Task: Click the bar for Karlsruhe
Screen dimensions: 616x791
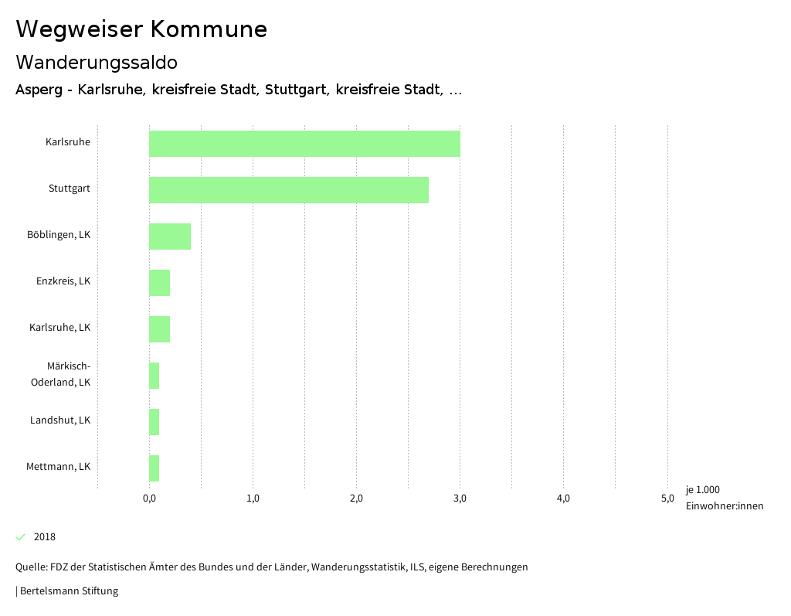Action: coord(304,144)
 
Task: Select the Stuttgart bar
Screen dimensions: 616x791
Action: coord(289,190)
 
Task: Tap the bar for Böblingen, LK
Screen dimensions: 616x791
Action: coord(170,237)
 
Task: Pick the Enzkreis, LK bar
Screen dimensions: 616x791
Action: coord(159,283)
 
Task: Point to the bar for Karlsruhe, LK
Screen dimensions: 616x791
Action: coord(159,329)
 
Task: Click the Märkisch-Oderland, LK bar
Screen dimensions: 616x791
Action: coord(154,376)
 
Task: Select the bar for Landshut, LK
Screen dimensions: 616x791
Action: coord(154,422)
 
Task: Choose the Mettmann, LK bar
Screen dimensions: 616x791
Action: coord(154,468)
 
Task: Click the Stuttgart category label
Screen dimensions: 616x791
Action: coord(70,189)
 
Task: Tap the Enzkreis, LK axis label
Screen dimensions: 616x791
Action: coord(63,281)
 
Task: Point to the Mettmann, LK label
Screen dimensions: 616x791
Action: coord(58,467)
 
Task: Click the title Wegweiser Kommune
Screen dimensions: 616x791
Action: coord(141,29)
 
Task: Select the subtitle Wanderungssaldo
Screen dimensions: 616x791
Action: coord(97,62)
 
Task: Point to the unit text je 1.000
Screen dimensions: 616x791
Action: coord(702,490)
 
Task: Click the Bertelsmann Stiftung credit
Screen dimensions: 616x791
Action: coord(68,591)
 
